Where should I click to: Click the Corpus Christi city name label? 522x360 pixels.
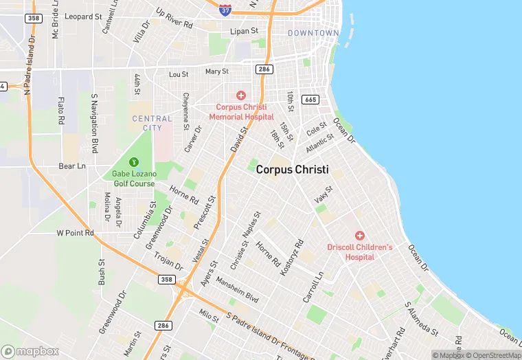[292, 169]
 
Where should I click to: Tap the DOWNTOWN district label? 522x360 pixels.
[313, 33]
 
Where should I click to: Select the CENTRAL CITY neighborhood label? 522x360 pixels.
[152, 123]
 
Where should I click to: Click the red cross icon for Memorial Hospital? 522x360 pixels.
[240, 95]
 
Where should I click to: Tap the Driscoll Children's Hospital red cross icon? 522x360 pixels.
[359, 236]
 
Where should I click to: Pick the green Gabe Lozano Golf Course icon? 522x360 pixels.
[135, 162]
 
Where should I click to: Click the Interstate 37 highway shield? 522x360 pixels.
[225, 10]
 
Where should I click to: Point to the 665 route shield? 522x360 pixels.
[310, 100]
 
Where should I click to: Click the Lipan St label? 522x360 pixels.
[244, 31]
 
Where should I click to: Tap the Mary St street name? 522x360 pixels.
[216, 71]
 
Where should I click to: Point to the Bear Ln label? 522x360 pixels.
[71, 166]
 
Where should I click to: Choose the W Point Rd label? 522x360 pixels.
[75, 233]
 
